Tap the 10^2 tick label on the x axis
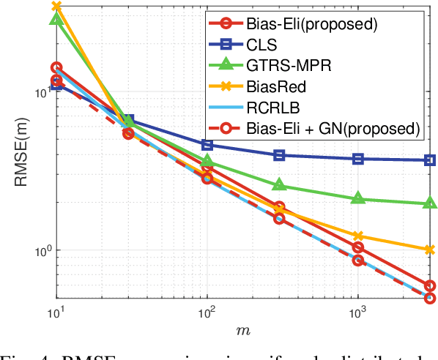[x=207, y=312]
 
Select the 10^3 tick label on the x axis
[x=357, y=312]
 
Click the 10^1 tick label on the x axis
[x=57, y=312]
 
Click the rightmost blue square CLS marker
[x=430, y=160]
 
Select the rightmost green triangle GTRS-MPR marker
[x=430, y=203]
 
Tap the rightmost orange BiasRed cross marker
[x=430, y=250]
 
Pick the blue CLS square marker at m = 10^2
[x=207, y=145]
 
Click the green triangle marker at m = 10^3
[x=358, y=198]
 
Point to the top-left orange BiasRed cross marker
[x=57, y=7]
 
